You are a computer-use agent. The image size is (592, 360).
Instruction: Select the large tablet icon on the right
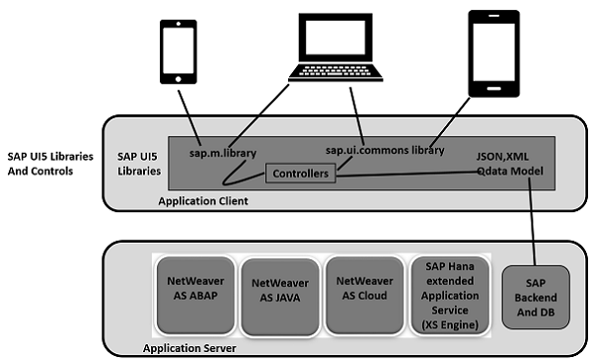tap(497, 52)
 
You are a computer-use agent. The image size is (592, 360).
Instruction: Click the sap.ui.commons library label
tap(384, 150)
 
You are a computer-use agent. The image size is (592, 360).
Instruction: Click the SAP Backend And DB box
tap(534, 297)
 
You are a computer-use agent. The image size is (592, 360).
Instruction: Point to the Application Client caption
tap(204, 200)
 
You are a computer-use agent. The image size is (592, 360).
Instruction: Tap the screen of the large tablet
tap(497, 50)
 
